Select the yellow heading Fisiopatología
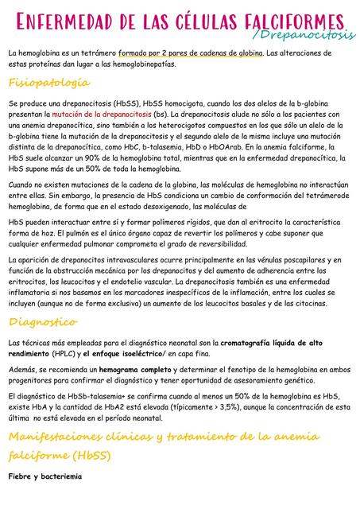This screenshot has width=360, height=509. pos(49,84)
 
